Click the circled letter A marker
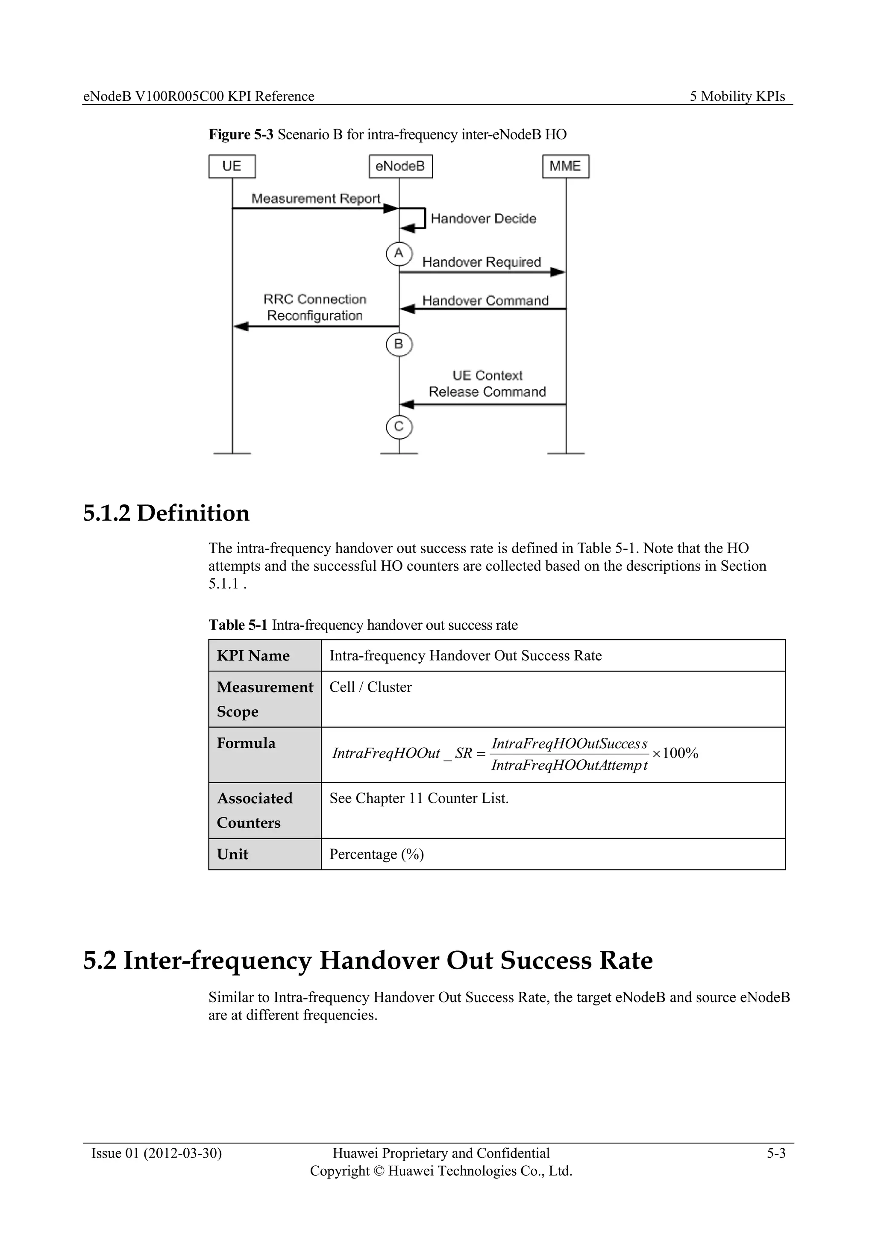[399, 253]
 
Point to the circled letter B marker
[399, 344]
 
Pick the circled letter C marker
[399, 427]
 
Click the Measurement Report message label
[316, 198]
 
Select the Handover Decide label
[483, 218]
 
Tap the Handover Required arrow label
[481, 262]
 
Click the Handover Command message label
[485, 301]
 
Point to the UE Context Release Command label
[487, 383]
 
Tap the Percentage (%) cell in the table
[376, 854]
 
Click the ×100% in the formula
[675, 753]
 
